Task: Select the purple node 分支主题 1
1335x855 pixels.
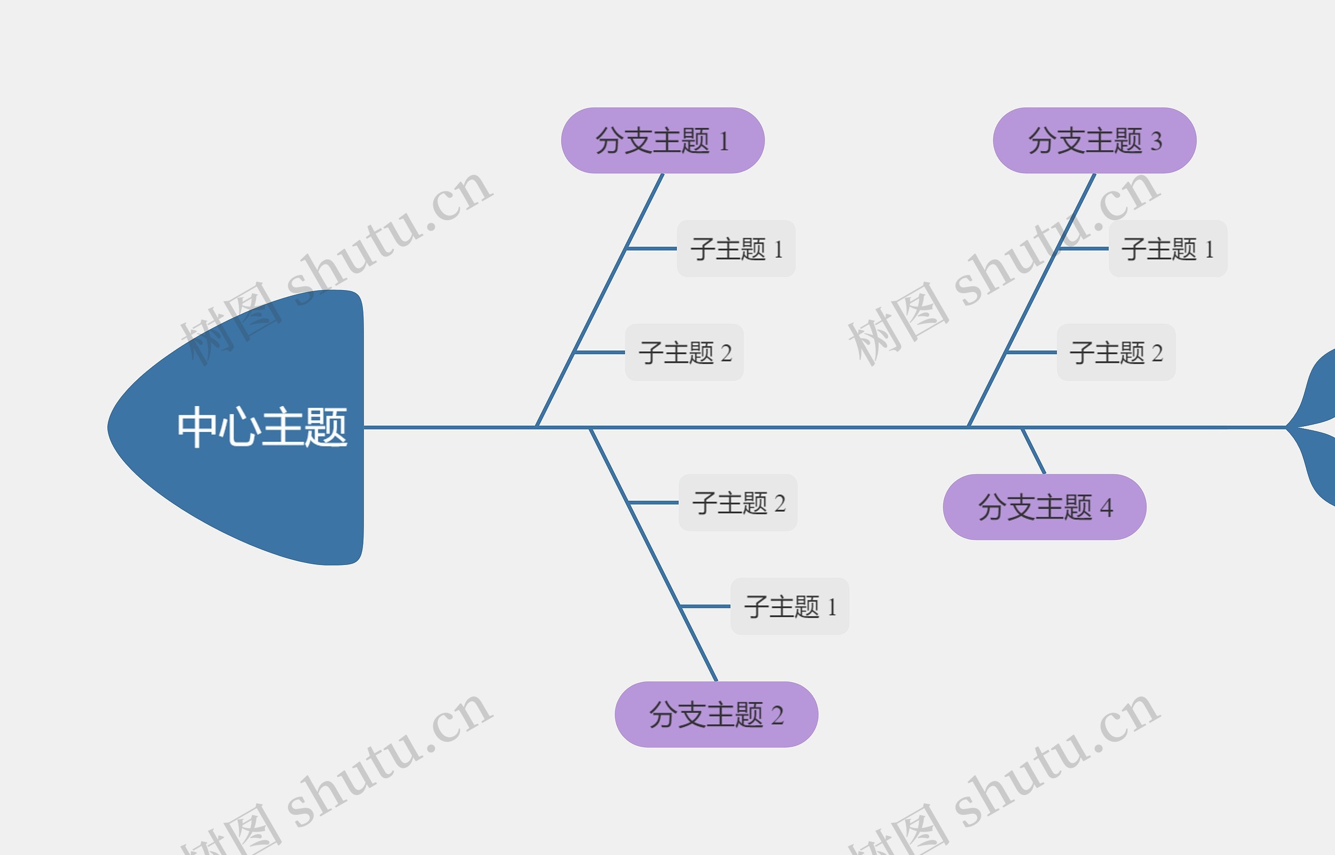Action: (x=662, y=140)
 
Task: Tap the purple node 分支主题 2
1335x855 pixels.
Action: (x=716, y=715)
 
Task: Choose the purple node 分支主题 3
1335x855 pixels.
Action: (x=1094, y=140)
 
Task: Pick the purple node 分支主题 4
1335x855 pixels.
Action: (x=1044, y=507)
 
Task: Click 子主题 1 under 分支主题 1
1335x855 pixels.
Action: (x=736, y=249)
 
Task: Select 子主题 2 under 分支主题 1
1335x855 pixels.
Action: (x=684, y=353)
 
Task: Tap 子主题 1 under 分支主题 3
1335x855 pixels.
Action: (x=1168, y=249)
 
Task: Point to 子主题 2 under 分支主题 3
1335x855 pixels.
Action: (x=1116, y=353)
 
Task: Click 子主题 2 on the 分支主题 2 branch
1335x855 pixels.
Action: (x=738, y=503)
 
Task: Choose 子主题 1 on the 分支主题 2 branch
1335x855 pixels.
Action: (x=790, y=606)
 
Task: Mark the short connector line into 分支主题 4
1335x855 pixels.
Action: (x=1033, y=450)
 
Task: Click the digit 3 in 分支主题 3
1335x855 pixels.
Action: (x=1156, y=141)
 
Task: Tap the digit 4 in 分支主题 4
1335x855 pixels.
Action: (x=1107, y=508)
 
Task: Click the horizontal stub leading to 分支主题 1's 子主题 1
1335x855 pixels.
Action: (x=651, y=249)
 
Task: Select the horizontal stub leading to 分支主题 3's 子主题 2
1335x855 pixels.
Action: (x=1031, y=353)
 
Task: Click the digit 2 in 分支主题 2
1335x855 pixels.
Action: (x=777, y=716)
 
